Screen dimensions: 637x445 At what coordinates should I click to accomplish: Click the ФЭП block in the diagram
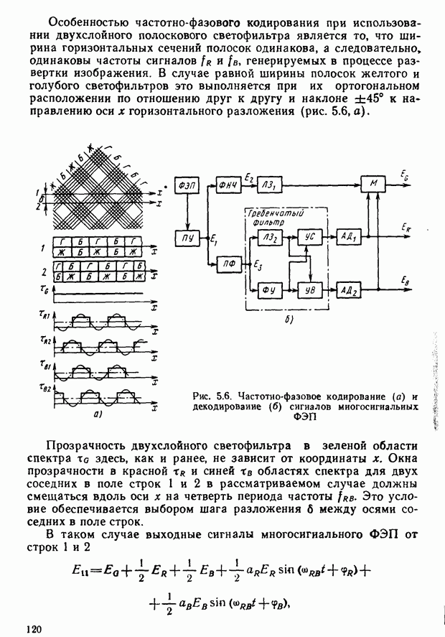pos(187,185)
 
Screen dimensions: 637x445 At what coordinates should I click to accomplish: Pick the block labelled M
pos(373,185)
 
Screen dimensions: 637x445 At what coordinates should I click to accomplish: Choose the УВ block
pos(310,290)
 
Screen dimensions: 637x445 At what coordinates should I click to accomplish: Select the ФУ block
pos(271,290)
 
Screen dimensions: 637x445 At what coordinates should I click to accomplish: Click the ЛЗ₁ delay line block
pos(271,185)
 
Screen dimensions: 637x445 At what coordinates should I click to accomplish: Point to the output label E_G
pos(407,175)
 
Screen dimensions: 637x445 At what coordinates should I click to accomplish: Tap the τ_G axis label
pos(45,288)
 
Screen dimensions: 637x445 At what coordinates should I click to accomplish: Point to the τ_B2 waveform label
pos(46,389)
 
